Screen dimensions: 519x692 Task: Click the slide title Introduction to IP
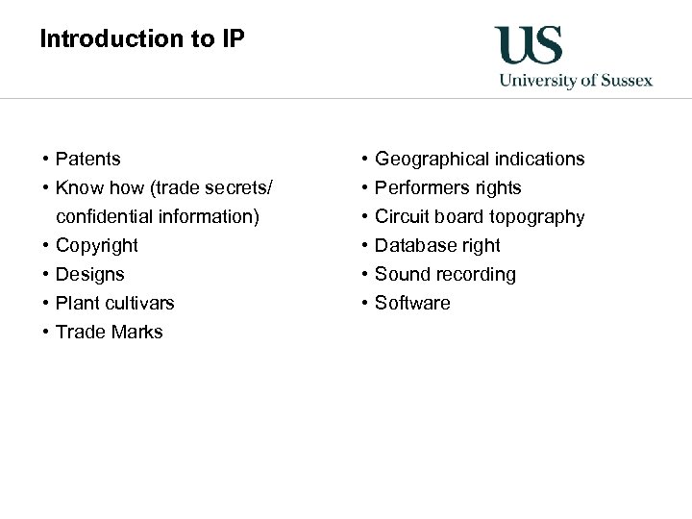142,39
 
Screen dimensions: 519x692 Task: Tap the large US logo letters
528,46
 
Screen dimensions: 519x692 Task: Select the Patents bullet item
88,159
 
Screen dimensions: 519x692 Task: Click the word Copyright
97,245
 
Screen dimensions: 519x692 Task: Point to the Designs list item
90,274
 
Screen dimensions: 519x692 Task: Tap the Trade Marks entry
110,332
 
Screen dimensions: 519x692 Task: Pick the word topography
535,216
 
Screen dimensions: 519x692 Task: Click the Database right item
437,245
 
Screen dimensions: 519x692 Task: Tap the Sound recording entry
445,274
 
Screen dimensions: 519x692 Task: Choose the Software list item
412,303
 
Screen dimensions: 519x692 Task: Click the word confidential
106,216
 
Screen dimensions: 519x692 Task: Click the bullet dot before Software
364,303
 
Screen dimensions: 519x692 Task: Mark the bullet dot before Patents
45,159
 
